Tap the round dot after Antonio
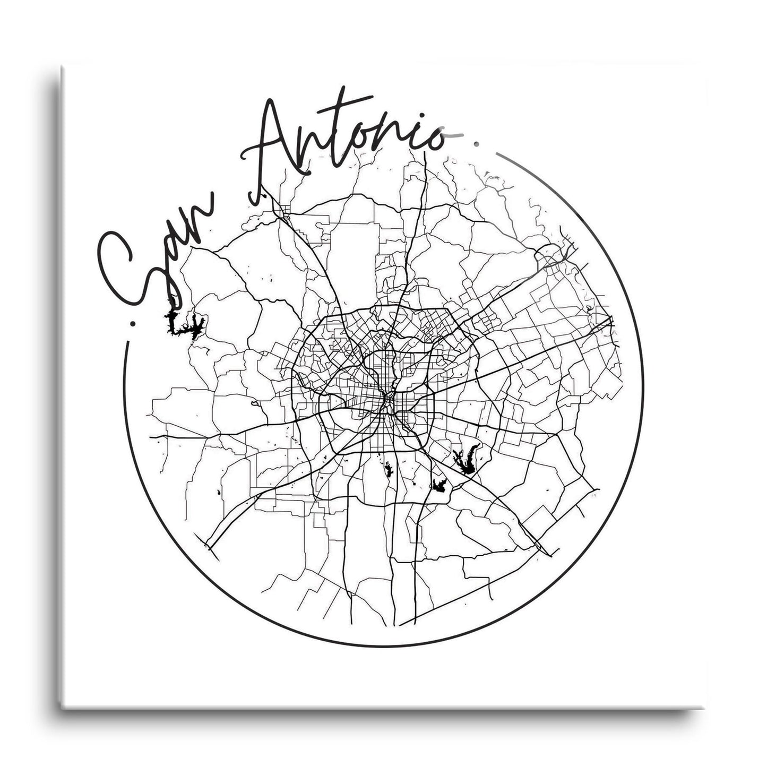pyautogui.click(x=476, y=142)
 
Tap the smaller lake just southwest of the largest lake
pyautogui.click(x=439, y=485)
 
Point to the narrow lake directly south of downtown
pyautogui.click(x=389, y=469)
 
